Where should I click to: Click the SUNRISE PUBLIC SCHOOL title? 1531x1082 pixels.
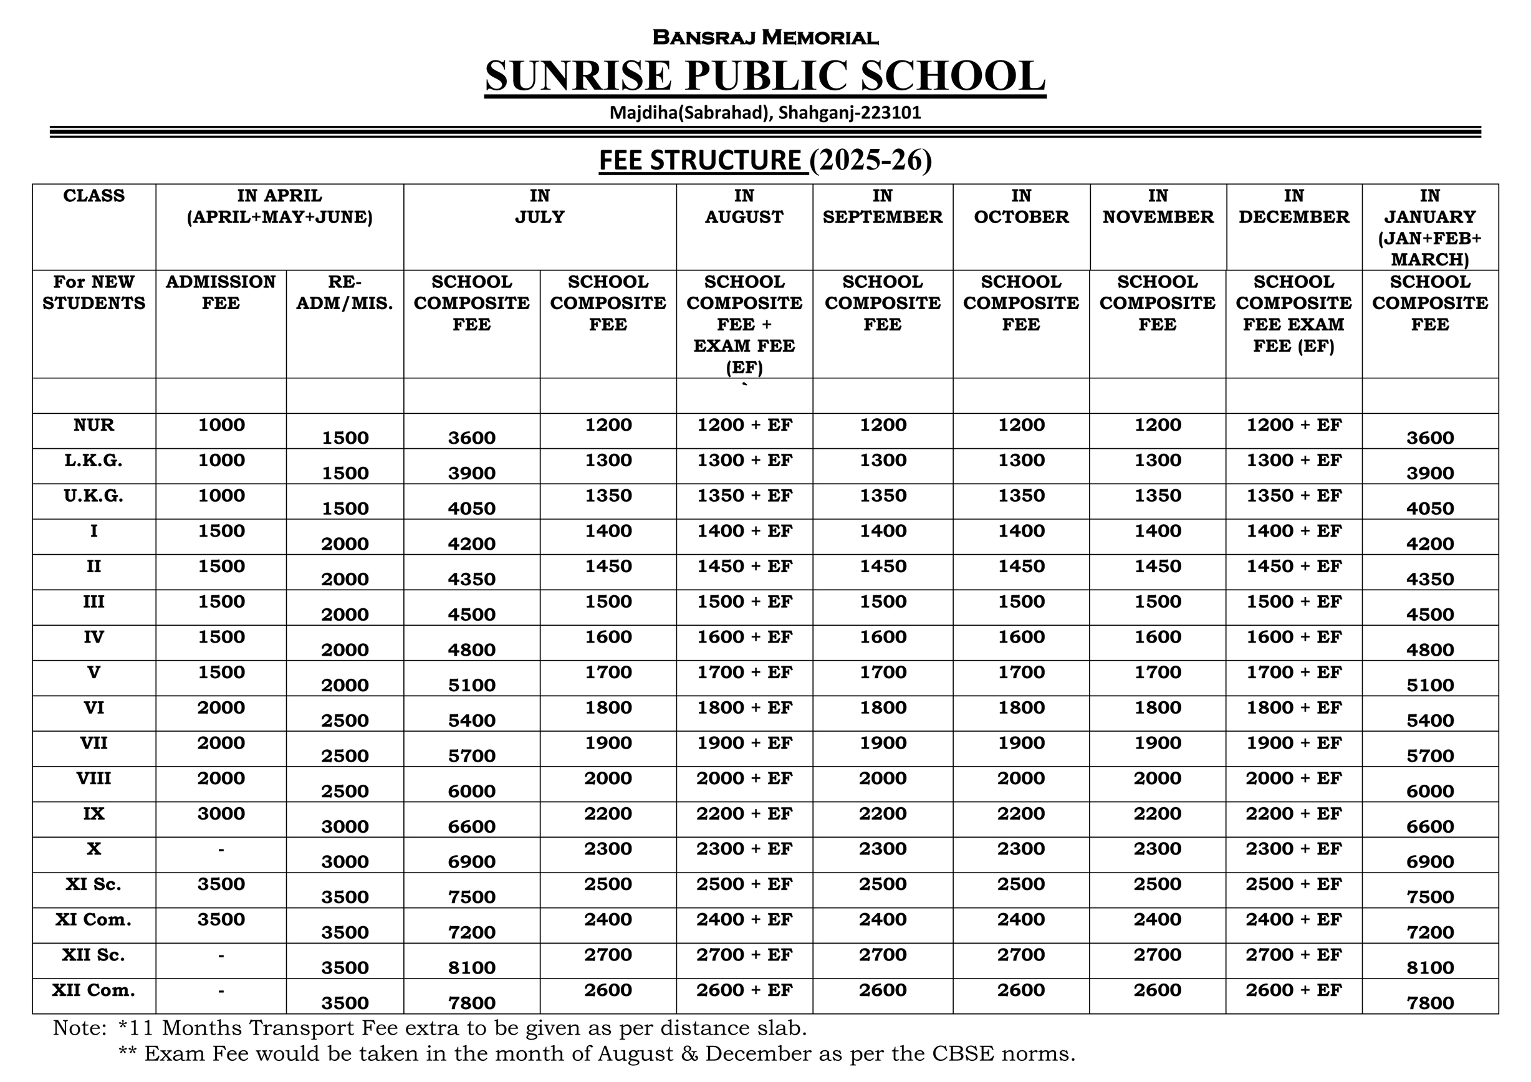[x=765, y=75]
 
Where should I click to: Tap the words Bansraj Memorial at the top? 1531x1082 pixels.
[x=765, y=37]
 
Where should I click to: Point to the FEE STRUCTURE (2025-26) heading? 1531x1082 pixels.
[x=765, y=161]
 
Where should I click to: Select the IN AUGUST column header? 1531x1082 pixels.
[x=744, y=207]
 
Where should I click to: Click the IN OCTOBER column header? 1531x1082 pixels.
[x=1021, y=207]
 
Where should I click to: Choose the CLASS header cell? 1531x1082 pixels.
[x=94, y=196]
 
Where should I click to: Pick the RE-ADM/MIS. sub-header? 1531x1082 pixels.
[x=344, y=293]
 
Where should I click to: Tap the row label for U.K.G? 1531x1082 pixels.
[x=94, y=496]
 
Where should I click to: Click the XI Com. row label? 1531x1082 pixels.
[x=94, y=920]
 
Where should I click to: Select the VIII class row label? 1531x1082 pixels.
[x=94, y=778]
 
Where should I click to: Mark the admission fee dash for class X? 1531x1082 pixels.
[x=221, y=850]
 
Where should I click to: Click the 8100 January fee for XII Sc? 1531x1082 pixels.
[x=1429, y=967]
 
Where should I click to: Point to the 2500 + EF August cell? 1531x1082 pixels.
[x=744, y=884]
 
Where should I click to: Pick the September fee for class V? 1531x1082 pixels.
[x=882, y=673]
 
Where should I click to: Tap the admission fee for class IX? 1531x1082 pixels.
[x=221, y=814]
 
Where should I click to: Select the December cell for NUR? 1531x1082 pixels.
[x=1293, y=425]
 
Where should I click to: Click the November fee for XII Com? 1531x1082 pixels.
[x=1157, y=990]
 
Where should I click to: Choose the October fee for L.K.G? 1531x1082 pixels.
[x=1021, y=461]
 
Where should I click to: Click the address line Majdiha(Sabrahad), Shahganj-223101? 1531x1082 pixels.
[x=765, y=113]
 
